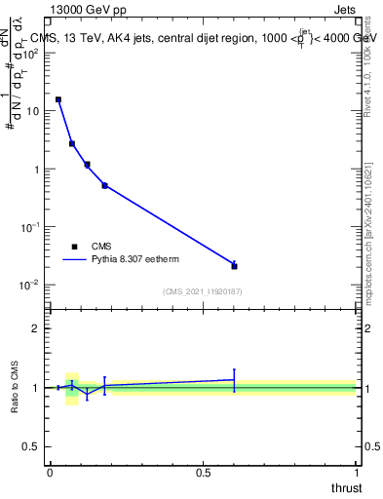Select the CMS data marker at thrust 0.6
[234, 265]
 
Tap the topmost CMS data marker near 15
[58, 99]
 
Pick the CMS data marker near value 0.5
[104, 185]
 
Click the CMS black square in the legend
[74, 247]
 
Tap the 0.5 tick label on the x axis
[203, 473]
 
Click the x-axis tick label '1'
[357, 473]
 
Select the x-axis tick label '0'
[50, 473]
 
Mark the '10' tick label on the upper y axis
[32, 111]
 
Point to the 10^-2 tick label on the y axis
[29, 285]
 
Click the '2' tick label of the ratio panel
[35, 328]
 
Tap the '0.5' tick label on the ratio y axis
[30, 447]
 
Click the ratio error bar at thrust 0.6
[234, 380]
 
